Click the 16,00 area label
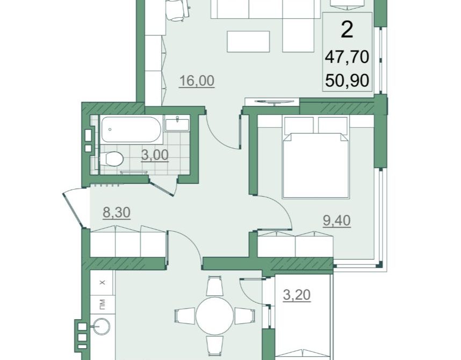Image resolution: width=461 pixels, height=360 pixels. pos(197,81)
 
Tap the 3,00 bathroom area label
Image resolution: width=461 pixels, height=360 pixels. pos(155,155)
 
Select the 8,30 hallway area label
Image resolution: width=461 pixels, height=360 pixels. pos(117,212)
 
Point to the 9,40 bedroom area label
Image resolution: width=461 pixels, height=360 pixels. pos(337,221)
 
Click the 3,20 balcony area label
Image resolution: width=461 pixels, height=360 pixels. pos(297,295)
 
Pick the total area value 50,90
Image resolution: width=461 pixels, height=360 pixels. pos(347,80)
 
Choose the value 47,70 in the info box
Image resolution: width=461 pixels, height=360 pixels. pos(347,57)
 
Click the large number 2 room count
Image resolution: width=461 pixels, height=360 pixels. pos(347,30)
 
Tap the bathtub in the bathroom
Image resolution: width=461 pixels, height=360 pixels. pos(131,129)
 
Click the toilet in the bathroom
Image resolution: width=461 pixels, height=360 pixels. pos(111,159)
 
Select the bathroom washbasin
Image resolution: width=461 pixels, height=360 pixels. pos(177,124)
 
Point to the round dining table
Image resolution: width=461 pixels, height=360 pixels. pos(214,315)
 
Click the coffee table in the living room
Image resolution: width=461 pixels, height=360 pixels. pos(248,41)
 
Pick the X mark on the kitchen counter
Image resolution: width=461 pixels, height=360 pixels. pos(102,283)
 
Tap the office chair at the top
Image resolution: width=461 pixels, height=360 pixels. pos(178,10)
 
